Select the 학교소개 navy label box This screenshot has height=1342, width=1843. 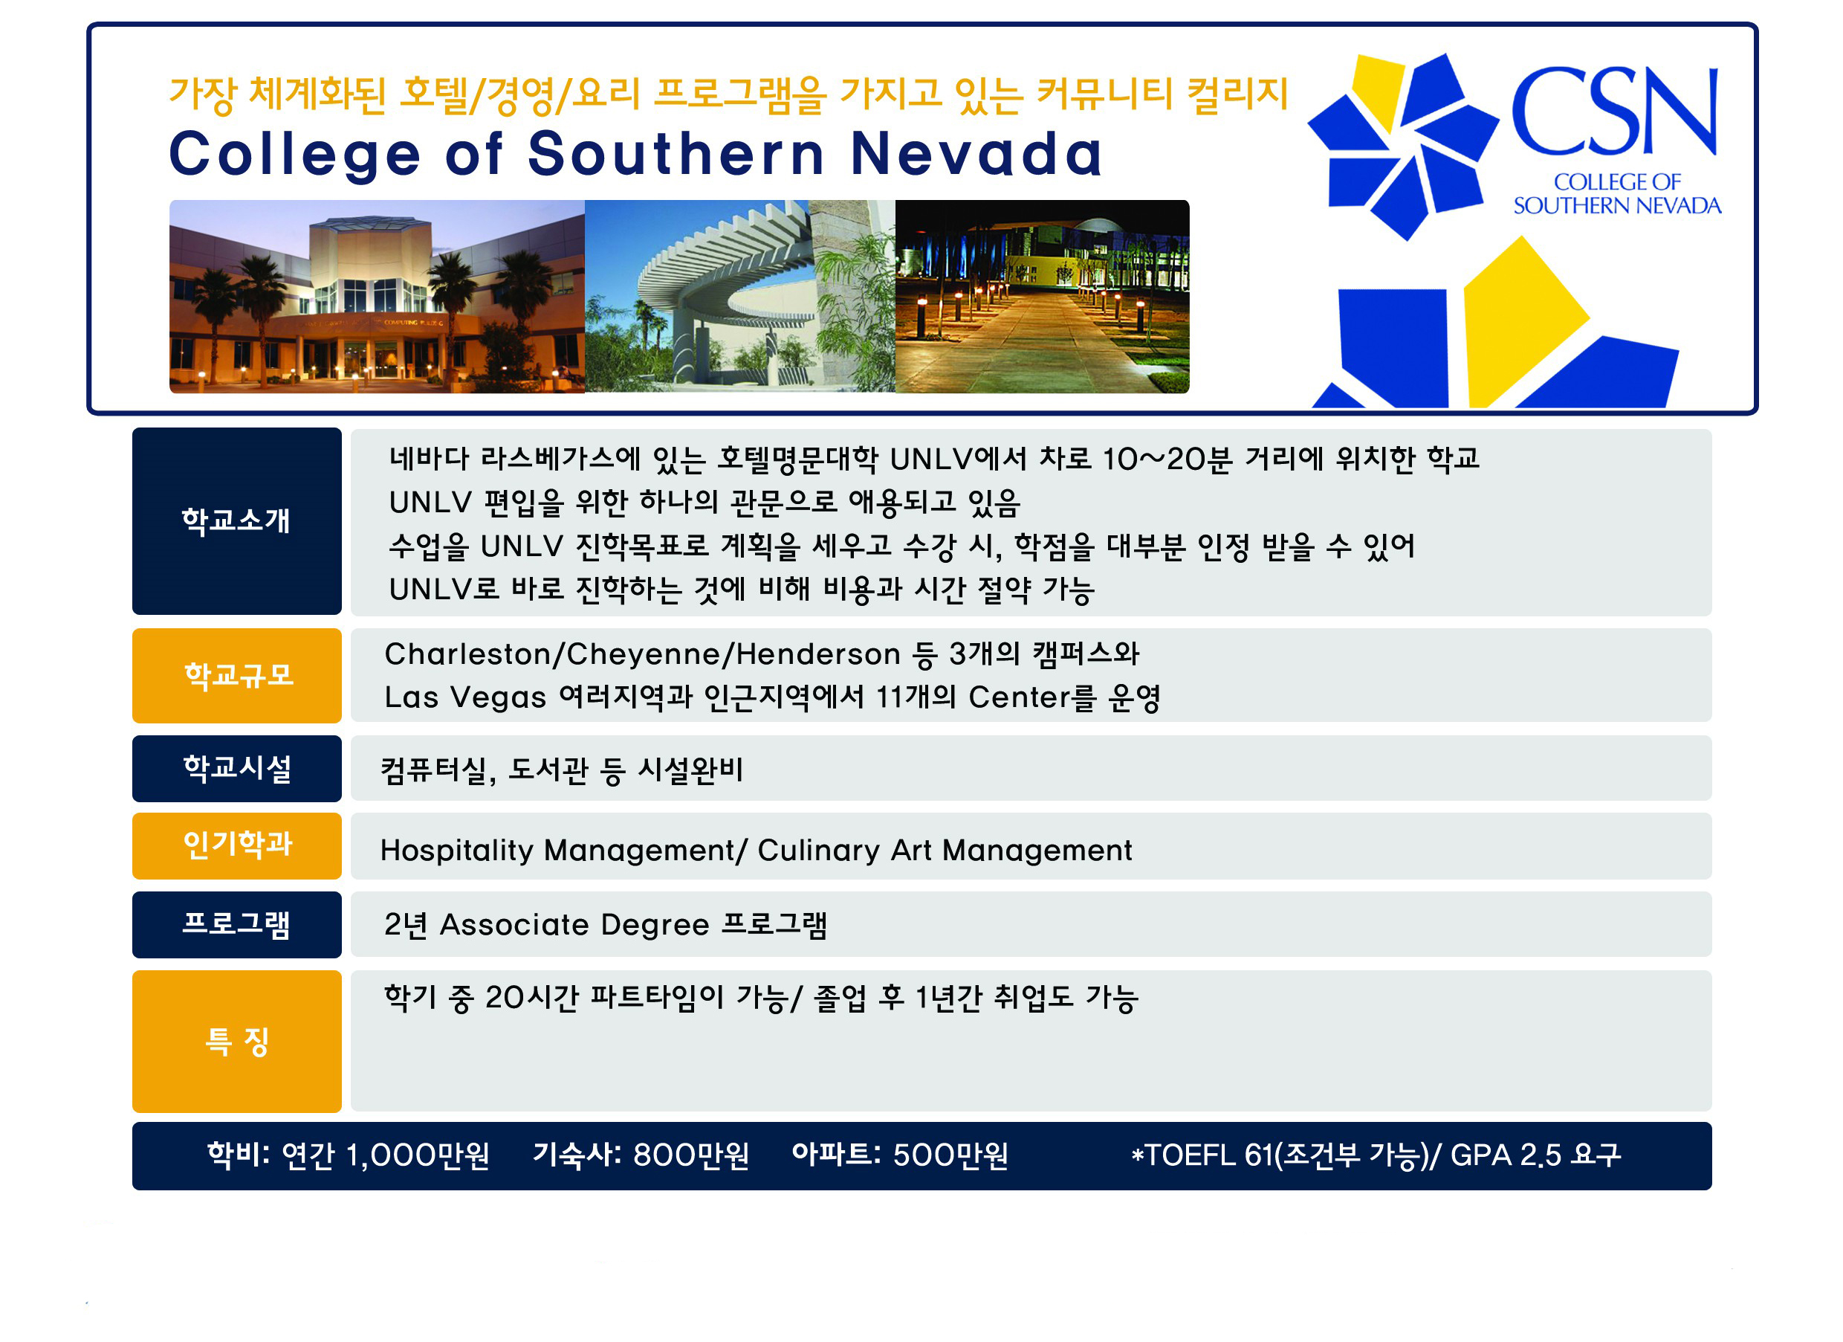[236, 521]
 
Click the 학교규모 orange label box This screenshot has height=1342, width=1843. [236, 676]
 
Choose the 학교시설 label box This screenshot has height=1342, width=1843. [236, 768]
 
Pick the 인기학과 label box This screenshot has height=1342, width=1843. [236, 845]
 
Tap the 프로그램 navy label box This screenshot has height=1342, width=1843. [236, 924]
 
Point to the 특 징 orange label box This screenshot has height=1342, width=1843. [236, 1041]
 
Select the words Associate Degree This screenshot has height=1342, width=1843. [574, 925]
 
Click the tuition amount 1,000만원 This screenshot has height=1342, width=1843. [418, 1155]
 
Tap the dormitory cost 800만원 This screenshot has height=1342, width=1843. [690, 1155]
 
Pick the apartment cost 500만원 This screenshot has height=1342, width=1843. [950, 1155]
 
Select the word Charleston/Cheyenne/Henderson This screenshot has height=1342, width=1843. [642, 654]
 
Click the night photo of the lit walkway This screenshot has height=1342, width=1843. [1042, 297]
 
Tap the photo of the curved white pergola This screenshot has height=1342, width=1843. [739, 297]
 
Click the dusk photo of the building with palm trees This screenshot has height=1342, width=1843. [377, 297]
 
